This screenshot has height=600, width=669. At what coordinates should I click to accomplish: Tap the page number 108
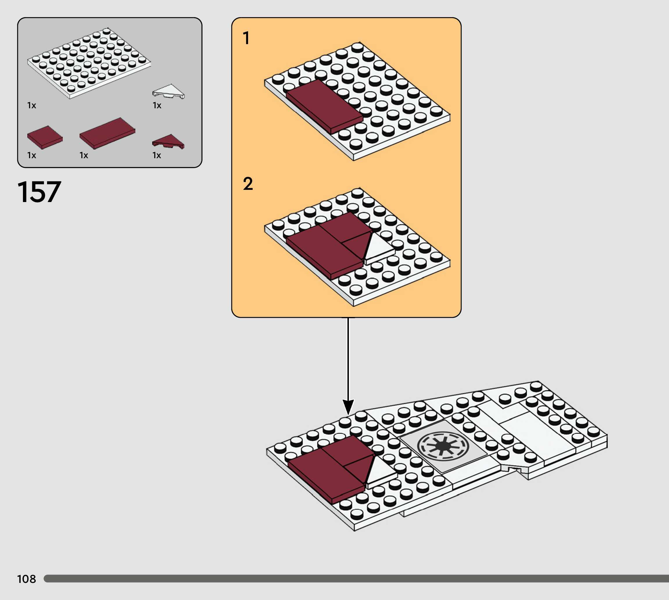[26, 579]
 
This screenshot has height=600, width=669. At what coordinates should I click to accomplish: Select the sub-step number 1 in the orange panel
[246, 38]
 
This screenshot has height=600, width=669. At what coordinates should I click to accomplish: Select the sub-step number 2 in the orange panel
[248, 184]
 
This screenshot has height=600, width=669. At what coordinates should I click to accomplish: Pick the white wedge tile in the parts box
[169, 91]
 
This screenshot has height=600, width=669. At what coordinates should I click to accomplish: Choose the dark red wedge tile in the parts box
[168, 141]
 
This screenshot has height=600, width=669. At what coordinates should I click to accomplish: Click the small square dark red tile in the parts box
[44, 137]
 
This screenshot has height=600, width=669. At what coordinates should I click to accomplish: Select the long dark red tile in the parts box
[107, 133]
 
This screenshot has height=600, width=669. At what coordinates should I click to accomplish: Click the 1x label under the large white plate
[32, 105]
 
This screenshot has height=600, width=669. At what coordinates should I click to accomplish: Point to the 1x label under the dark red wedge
[157, 155]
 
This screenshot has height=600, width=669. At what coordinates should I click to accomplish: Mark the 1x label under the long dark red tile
[84, 155]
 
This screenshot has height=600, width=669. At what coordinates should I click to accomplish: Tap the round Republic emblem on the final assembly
[443, 446]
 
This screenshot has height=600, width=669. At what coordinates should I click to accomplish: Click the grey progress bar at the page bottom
[356, 579]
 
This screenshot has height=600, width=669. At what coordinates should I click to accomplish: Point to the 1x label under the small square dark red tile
[32, 155]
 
